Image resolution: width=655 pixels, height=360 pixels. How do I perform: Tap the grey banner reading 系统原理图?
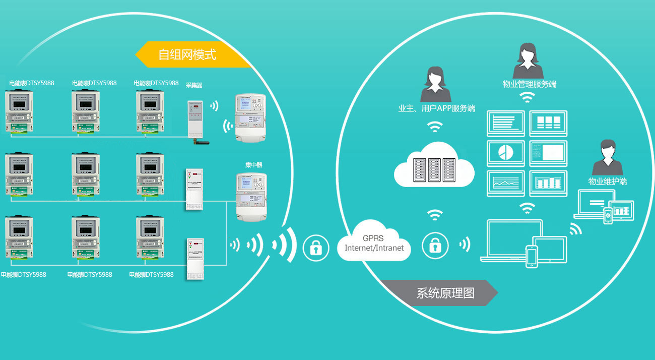[x=438, y=293]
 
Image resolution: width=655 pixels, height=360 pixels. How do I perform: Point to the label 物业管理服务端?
[x=529, y=84]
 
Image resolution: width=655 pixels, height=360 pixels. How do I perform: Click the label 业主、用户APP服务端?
[x=436, y=108]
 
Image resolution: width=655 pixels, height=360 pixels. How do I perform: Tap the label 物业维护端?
[x=608, y=182]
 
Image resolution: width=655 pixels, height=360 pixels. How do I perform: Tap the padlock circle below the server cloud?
[x=434, y=246]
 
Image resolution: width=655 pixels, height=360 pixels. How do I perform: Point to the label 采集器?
[x=194, y=85]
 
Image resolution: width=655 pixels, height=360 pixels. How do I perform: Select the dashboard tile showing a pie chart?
[x=506, y=153]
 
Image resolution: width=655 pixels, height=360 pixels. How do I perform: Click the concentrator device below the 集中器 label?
[x=251, y=197]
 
